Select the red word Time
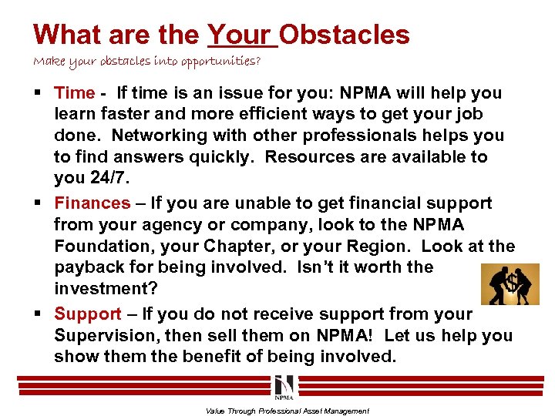click(x=75, y=93)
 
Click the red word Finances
click(x=92, y=203)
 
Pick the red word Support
click(x=88, y=314)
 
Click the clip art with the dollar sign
click(x=510, y=283)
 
